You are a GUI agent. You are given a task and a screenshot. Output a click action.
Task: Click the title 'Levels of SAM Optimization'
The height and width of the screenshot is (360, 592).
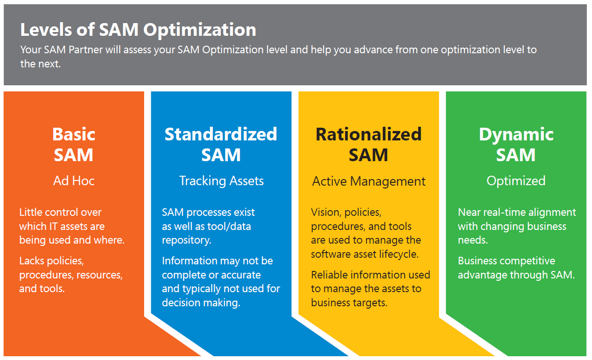pyautogui.click(x=138, y=30)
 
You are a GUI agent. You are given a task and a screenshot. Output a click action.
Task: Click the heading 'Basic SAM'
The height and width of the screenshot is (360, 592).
pyautogui.click(x=73, y=144)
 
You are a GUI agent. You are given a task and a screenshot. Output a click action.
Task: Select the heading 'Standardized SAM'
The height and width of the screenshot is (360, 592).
pyautogui.click(x=221, y=144)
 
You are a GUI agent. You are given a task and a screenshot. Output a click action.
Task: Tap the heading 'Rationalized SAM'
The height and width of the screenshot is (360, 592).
pyautogui.click(x=368, y=144)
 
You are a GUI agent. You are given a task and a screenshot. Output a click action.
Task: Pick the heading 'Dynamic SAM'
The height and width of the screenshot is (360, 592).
pyautogui.click(x=516, y=144)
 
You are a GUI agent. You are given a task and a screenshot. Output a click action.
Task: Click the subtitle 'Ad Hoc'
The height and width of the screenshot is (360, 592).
pyautogui.click(x=73, y=181)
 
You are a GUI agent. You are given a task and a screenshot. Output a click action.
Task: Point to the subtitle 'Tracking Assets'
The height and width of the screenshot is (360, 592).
pyautogui.click(x=221, y=181)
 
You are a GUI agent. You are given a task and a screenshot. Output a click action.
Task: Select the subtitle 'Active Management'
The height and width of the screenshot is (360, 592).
pyautogui.click(x=369, y=181)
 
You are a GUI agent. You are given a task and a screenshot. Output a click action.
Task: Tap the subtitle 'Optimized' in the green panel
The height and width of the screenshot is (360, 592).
pyautogui.click(x=516, y=181)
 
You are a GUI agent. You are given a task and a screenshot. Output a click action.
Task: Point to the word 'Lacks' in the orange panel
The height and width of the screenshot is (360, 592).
pyautogui.click(x=32, y=261)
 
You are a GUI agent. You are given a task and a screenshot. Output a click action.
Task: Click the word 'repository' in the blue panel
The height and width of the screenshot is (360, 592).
pyautogui.click(x=186, y=240)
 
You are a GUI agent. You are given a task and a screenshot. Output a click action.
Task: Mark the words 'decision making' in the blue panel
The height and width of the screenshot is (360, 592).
pyautogui.click(x=201, y=303)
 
